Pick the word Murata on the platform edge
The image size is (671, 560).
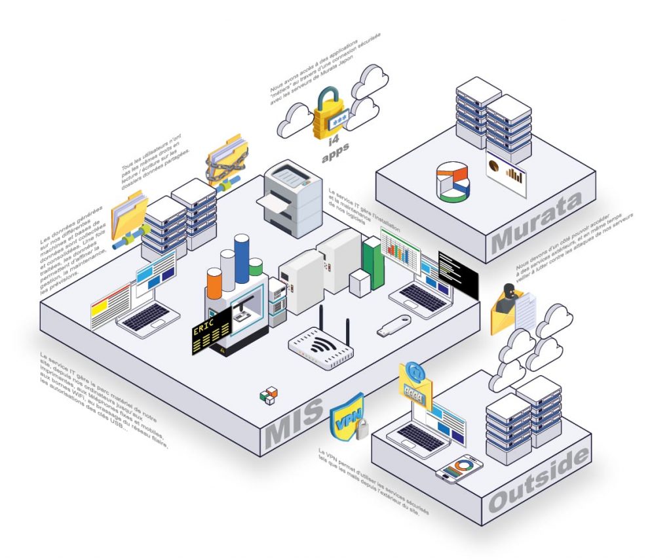(x=536, y=223)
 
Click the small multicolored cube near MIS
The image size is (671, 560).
(x=269, y=395)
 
